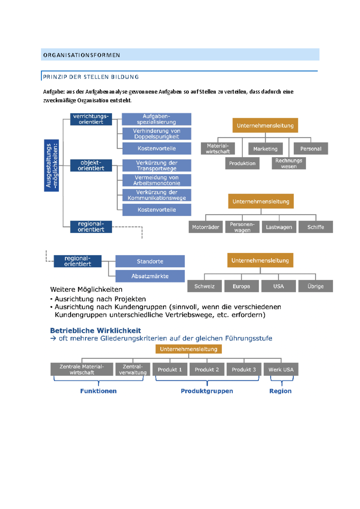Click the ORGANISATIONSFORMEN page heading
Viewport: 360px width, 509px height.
coord(82,55)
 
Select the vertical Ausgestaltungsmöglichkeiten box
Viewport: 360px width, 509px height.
coord(51,165)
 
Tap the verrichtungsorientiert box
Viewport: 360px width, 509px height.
coord(91,119)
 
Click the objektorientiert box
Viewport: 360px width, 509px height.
coord(91,165)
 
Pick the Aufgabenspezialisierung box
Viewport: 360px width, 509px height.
coord(156,119)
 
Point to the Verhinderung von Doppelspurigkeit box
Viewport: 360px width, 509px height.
coord(156,134)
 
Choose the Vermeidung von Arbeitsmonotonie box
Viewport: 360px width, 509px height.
coord(156,180)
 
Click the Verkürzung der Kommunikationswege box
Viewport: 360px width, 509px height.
coord(156,195)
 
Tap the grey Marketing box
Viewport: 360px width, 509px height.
coord(265,149)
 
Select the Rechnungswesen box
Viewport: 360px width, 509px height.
coord(289,163)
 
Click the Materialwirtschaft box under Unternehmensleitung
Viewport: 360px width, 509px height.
coord(217,149)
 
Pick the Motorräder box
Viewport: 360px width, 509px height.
coord(205,227)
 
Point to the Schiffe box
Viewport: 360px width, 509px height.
coord(316,227)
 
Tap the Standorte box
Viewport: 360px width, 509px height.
coord(150,261)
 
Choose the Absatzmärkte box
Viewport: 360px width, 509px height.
coord(150,276)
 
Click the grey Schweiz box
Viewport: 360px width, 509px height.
coord(204,286)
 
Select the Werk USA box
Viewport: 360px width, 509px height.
coord(281,370)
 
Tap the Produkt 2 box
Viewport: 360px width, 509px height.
coord(207,370)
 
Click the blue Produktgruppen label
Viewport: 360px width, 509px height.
coord(207,391)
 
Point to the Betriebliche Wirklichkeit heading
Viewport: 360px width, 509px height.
coord(95,331)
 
